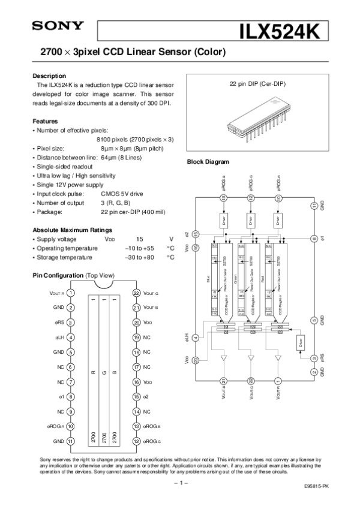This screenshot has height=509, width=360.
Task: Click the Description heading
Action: click(x=49, y=76)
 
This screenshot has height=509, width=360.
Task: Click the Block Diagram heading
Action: click(x=208, y=162)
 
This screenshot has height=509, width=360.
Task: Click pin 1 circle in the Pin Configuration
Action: click(x=71, y=293)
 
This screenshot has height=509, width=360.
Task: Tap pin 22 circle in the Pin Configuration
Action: click(x=136, y=293)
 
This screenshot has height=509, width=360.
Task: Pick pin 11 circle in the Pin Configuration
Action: click(x=71, y=441)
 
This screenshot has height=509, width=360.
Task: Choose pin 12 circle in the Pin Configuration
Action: click(x=136, y=441)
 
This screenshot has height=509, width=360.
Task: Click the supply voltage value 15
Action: click(x=140, y=239)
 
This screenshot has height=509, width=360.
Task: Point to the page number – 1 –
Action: click(x=180, y=482)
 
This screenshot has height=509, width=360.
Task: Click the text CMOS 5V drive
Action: click(x=122, y=194)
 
